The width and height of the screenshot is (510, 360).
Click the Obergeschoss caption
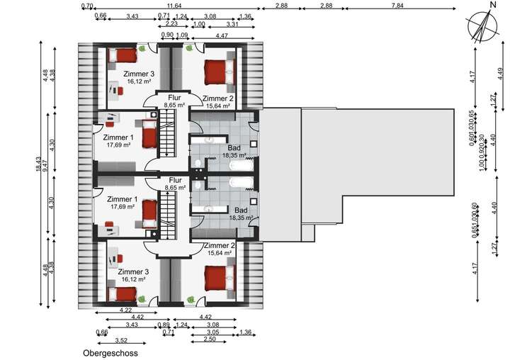109,352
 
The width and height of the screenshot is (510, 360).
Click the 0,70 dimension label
88,6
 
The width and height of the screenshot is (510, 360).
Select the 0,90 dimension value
167,34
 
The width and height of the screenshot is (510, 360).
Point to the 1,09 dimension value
181,34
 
